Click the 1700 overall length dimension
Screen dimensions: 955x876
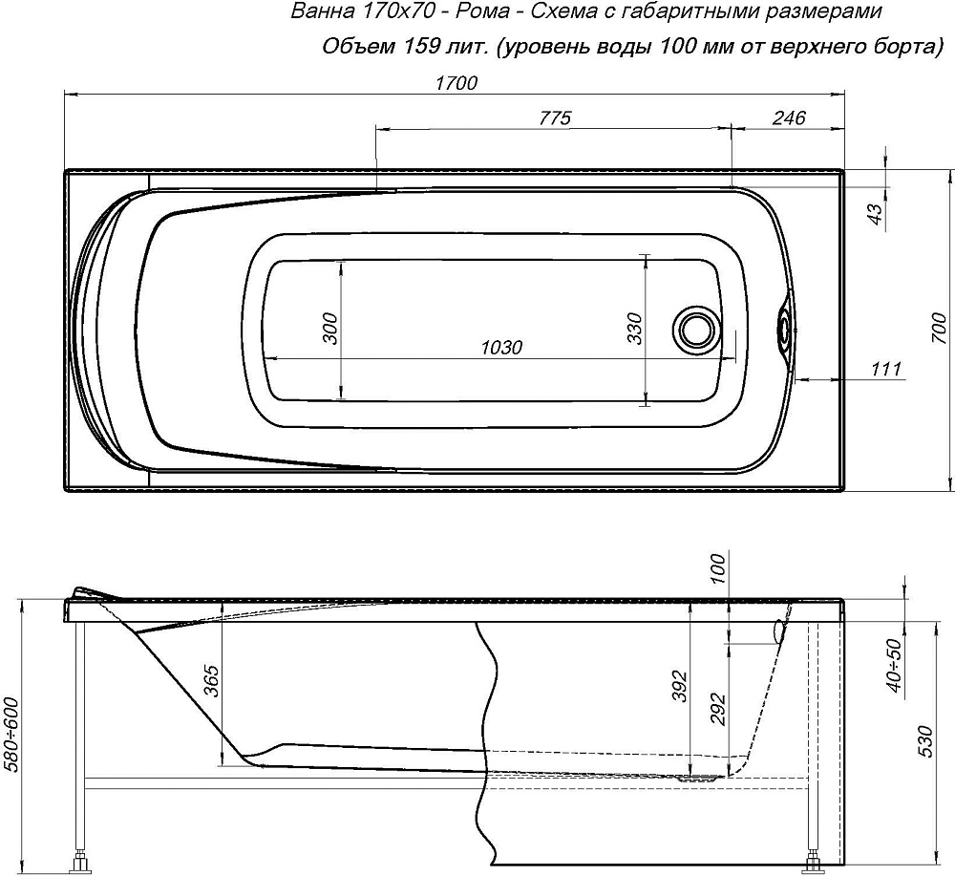(x=456, y=83)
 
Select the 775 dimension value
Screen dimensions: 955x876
(x=555, y=118)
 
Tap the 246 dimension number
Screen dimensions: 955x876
(x=790, y=118)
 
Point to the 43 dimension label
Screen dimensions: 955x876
(x=875, y=214)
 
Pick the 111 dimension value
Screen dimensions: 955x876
(x=886, y=368)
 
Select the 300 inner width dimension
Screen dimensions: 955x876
(x=329, y=328)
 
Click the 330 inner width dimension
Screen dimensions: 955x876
(x=635, y=328)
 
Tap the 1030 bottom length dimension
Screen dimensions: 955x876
(x=501, y=347)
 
